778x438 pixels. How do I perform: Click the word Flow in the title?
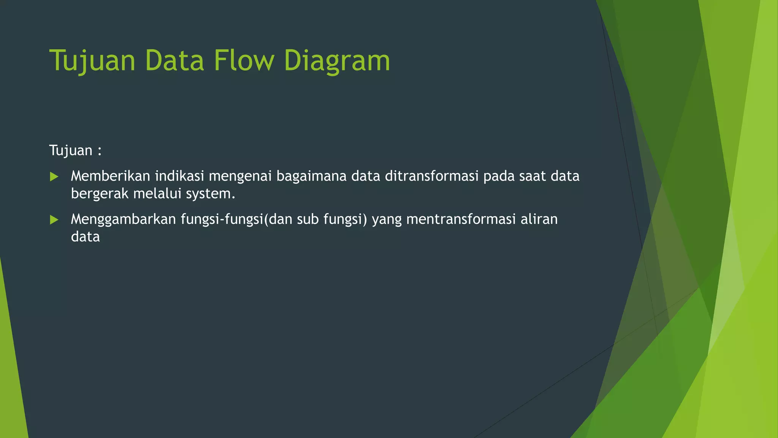click(244, 60)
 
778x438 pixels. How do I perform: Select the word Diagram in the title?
click(337, 61)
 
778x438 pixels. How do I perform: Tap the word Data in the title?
click(174, 60)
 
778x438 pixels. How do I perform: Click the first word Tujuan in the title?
click(92, 61)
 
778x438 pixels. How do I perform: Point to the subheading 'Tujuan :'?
click(75, 151)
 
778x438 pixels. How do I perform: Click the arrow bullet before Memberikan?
click(54, 176)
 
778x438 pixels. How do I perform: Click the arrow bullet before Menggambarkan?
click(54, 220)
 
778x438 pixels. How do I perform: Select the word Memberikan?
click(111, 176)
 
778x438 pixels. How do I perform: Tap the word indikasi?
click(179, 176)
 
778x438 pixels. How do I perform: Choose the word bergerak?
click(100, 194)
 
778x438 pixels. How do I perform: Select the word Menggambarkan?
click(123, 220)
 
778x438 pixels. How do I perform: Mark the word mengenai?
click(240, 177)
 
